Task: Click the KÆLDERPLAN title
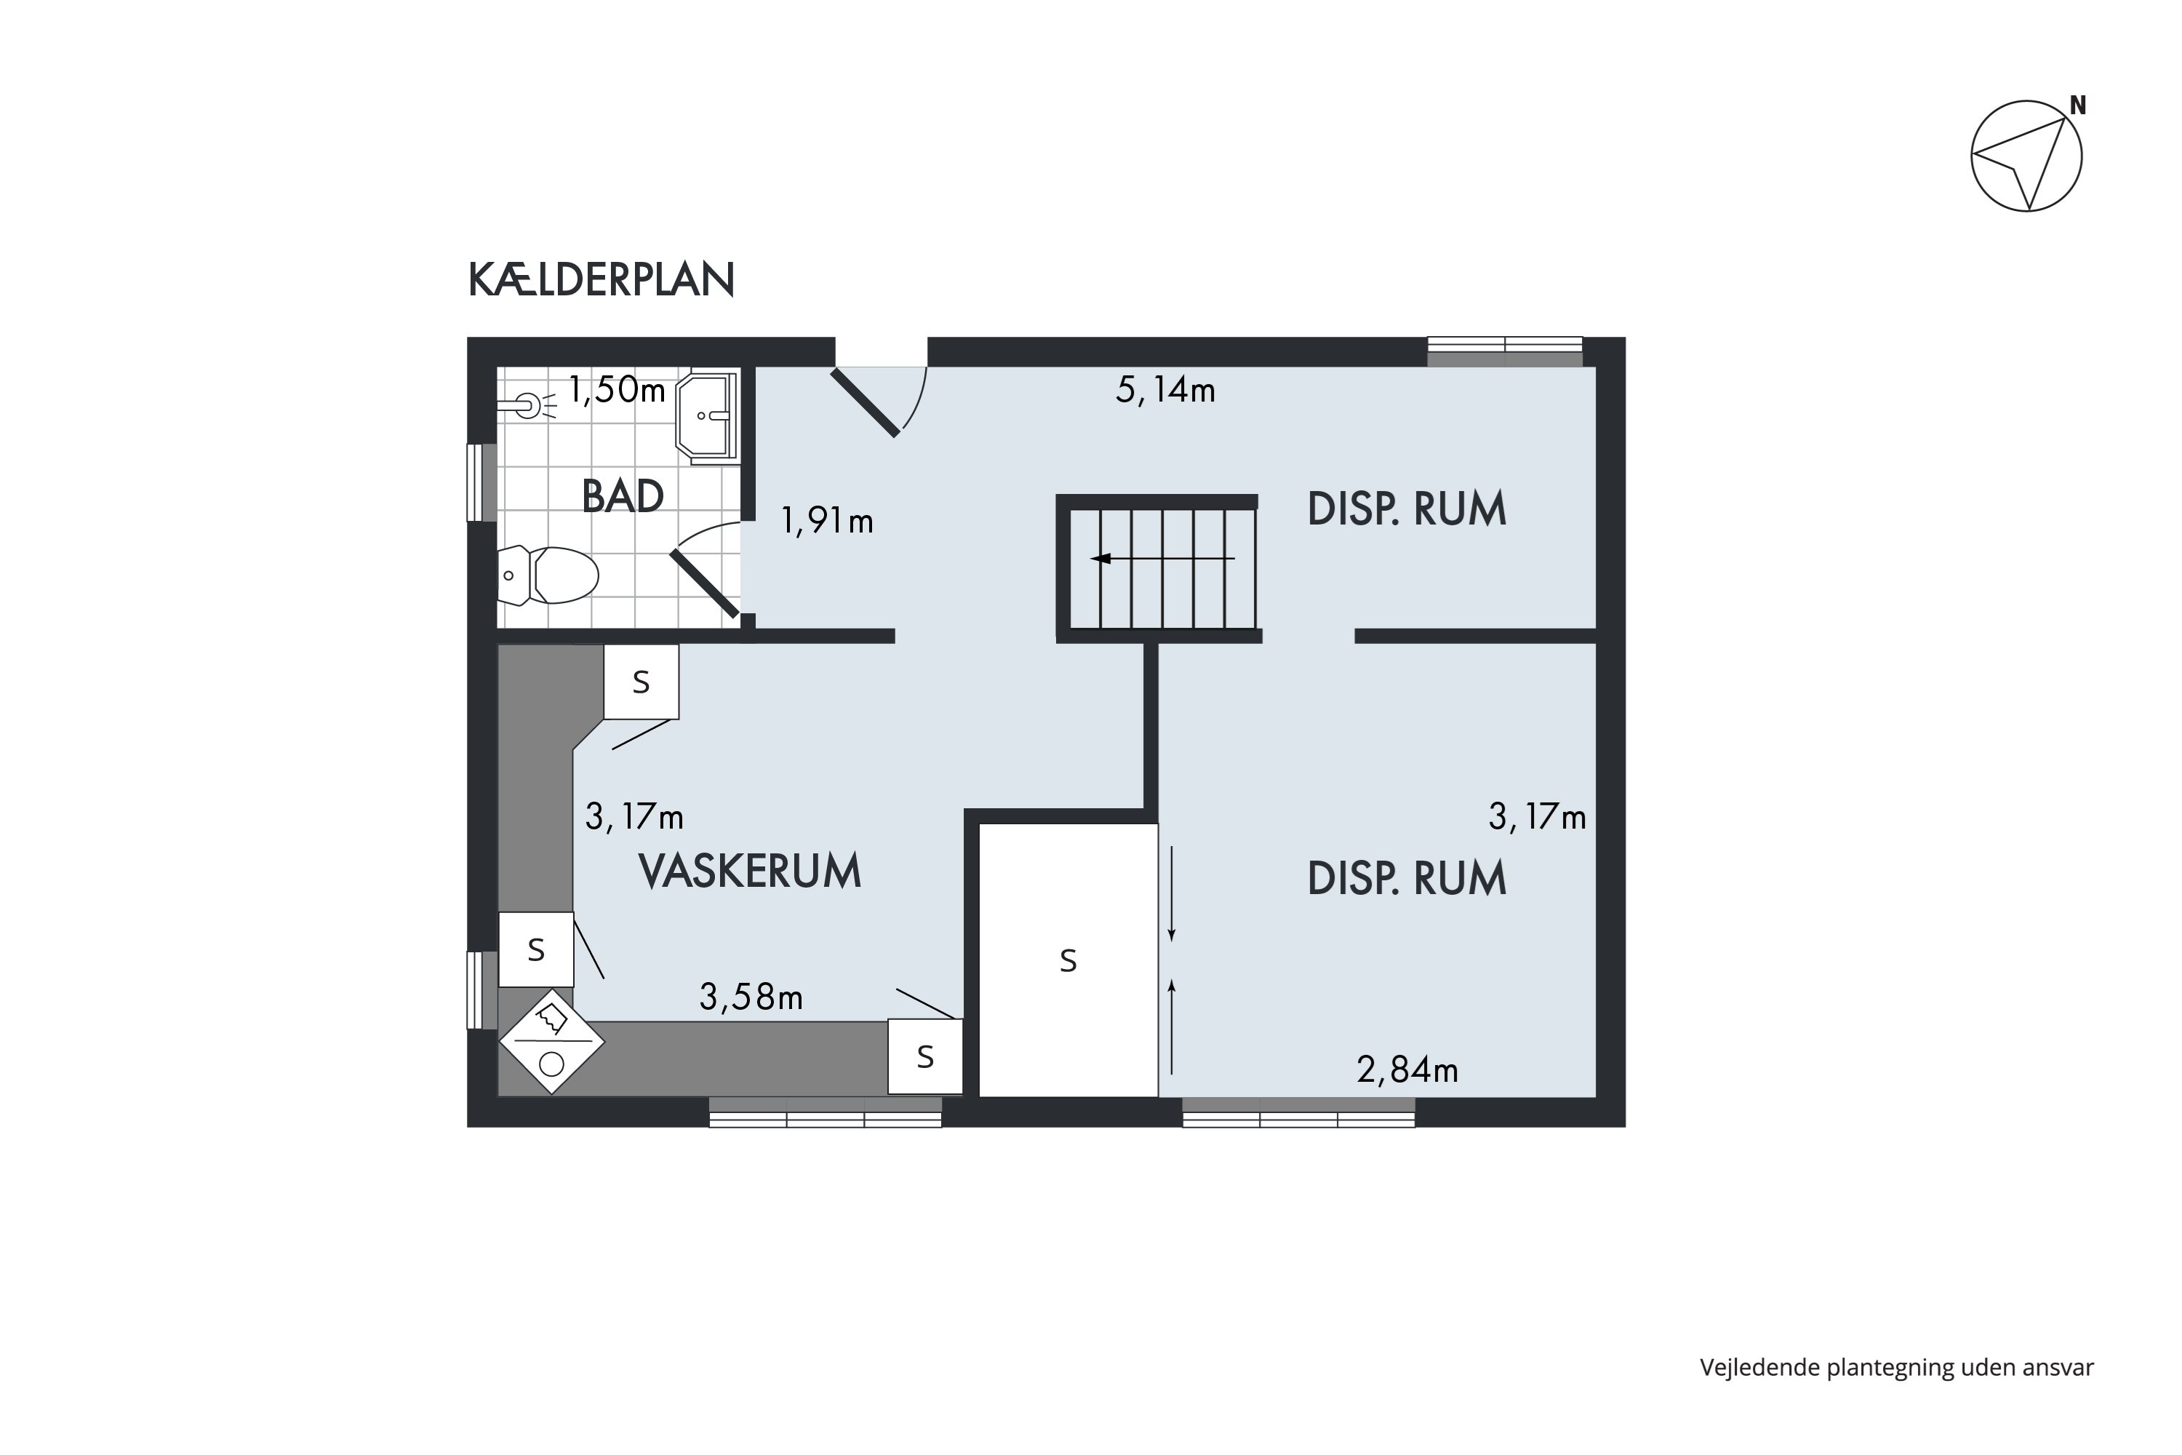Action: click(x=602, y=279)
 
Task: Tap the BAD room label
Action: click(x=623, y=496)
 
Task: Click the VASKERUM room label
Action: click(x=750, y=872)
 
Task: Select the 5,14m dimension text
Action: click(x=1165, y=390)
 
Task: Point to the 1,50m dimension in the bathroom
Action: click(x=617, y=390)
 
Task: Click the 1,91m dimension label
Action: click(x=826, y=522)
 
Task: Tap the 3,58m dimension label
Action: click(x=751, y=997)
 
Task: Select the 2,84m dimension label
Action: click(x=1407, y=1070)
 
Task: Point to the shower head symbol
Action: click(x=527, y=405)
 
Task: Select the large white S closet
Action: click(x=1068, y=960)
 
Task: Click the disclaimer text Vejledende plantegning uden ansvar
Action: click(x=1896, y=1367)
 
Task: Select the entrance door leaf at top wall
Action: click(x=865, y=403)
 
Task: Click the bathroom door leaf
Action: click(x=704, y=583)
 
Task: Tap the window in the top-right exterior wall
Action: click(x=1504, y=351)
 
